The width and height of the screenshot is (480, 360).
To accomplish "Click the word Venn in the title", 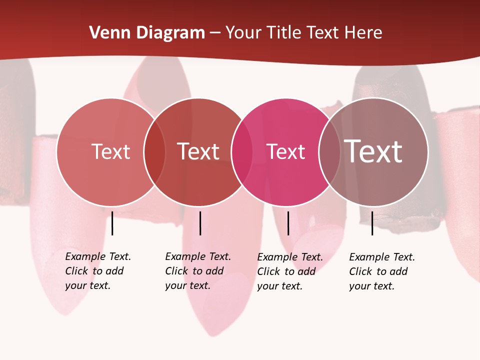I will point(106,33).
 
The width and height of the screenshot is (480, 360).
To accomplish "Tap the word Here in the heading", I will point(363,33).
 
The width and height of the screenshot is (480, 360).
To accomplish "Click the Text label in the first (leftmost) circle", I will point(111,151).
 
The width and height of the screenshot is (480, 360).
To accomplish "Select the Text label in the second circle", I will point(198,151).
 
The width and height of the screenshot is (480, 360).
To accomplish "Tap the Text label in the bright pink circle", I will point(286,151).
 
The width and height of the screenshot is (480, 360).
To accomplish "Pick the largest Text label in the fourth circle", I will point(373,151).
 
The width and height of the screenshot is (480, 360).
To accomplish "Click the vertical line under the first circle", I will point(112,223).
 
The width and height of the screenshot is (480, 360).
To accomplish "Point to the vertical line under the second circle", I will point(200,223).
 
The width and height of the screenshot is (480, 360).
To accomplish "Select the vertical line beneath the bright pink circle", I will point(288,223).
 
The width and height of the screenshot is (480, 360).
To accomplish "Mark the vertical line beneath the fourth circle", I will point(372,223).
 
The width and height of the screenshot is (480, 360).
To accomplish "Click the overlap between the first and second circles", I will point(154,151).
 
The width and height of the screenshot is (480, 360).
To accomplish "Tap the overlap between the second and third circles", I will point(242,151).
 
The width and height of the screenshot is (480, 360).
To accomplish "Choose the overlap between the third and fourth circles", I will point(329,151).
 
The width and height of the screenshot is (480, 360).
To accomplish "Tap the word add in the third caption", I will point(306,271).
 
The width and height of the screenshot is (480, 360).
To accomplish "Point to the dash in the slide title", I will point(215,33).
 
